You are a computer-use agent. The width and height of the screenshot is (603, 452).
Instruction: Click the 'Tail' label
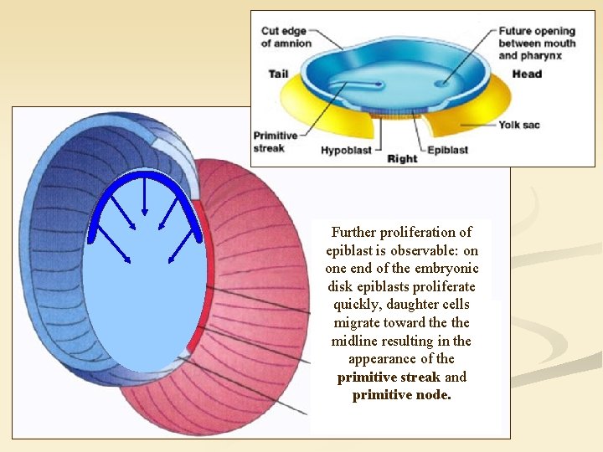pos(278,74)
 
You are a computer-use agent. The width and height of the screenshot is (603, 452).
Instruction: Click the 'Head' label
pos(527,74)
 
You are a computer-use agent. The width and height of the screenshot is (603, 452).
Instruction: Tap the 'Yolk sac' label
pos(519,125)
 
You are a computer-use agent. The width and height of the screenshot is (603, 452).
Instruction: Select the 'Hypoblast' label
pos(345,151)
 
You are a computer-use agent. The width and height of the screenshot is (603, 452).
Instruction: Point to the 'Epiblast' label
pos(447,151)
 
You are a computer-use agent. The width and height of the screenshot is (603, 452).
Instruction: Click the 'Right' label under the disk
pos(401,158)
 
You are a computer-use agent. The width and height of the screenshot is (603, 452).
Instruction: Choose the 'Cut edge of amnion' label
pos(286,38)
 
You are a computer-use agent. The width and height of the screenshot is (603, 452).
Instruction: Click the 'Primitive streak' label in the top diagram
pos(275,141)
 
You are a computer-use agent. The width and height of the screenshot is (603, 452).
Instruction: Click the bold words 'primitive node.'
pos(401,395)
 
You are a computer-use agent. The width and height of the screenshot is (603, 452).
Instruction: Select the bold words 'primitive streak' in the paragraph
pos(389,377)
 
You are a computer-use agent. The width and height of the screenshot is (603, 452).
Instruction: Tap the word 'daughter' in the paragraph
pos(414,305)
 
